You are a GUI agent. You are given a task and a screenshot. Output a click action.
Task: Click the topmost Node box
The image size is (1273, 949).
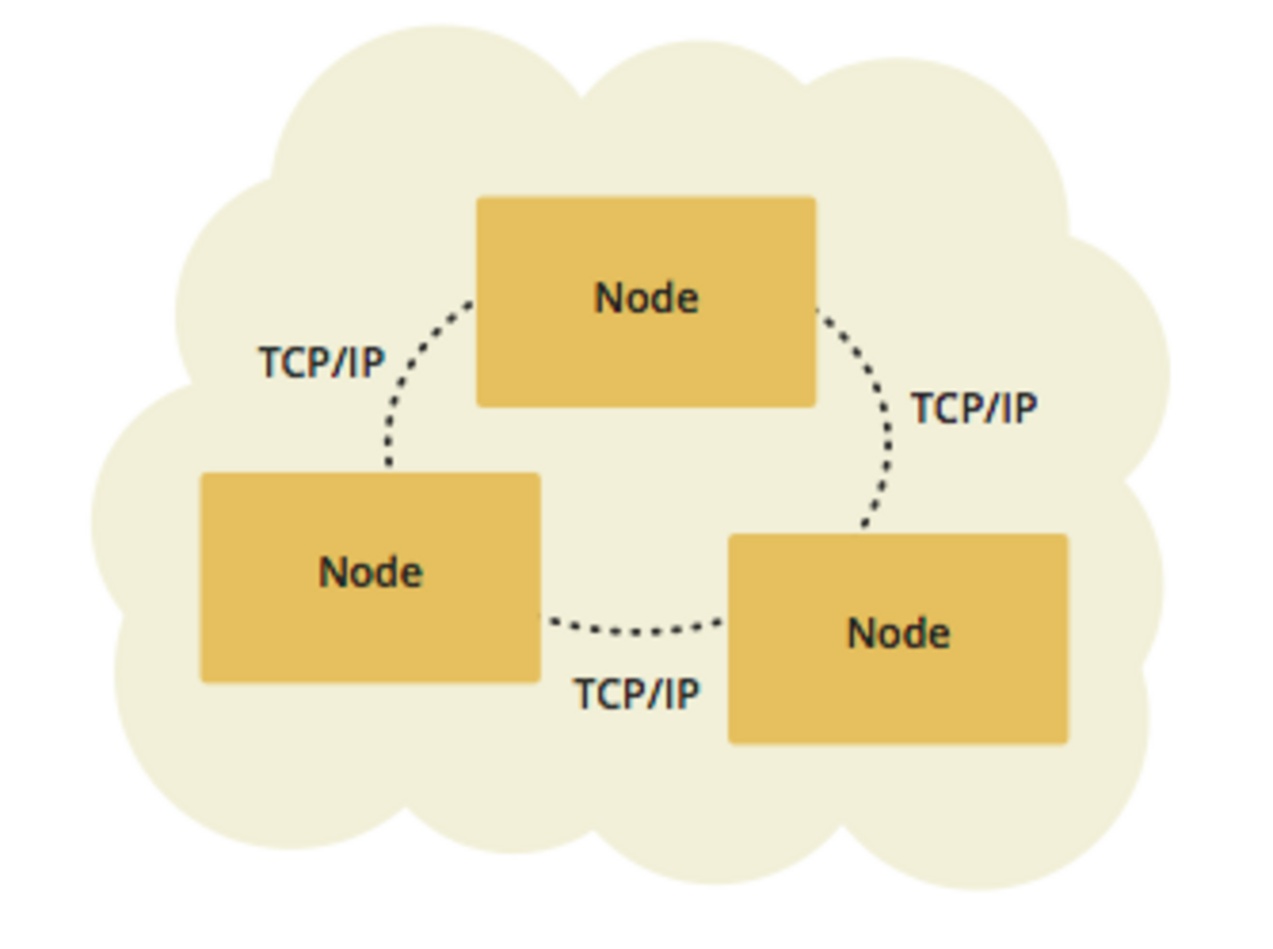[x=646, y=302]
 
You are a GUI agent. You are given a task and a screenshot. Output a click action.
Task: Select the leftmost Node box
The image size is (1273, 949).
[x=370, y=578]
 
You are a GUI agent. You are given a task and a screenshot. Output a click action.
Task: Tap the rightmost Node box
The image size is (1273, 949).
[x=898, y=639]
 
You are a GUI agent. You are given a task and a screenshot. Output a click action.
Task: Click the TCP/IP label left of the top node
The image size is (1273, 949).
[x=321, y=362]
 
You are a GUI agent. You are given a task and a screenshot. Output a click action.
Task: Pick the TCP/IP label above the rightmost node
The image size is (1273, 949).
[x=973, y=408]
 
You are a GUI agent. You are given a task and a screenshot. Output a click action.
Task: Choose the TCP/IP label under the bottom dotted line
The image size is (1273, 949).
[x=636, y=694]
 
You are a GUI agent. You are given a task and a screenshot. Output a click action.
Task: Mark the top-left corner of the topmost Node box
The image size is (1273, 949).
[x=479, y=200]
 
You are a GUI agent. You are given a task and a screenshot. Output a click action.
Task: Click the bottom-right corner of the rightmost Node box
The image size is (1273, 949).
[x=1065, y=740]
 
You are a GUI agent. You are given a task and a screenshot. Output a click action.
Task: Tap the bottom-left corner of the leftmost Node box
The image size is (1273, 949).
[x=203, y=680]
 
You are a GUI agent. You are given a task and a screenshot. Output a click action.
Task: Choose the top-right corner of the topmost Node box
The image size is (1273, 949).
[x=814, y=200]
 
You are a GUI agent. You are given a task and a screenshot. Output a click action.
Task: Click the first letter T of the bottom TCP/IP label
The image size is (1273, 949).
[x=586, y=694]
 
